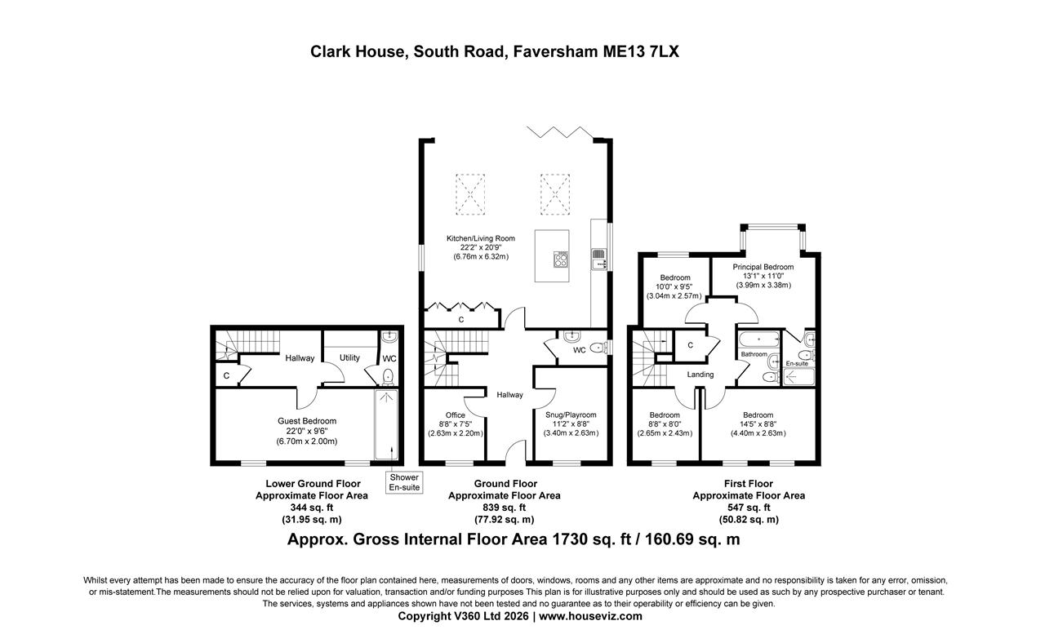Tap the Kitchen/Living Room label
pyautogui.click(x=481, y=238)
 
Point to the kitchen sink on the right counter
pyautogui.click(x=598, y=259)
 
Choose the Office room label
pyautogui.click(x=456, y=415)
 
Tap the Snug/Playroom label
pyautogui.click(x=571, y=415)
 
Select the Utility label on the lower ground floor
pyautogui.click(x=349, y=357)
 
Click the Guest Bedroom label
pyautogui.click(x=306, y=421)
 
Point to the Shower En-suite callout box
pyautogui.click(x=404, y=482)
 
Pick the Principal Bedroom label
pyautogui.click(x=763, y=267)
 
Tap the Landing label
pyautogui.click(x=700, y=375)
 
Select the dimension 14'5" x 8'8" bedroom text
pyautogui.click(x=758, y=424)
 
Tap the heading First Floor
pyautogui.click(x=748, y=484)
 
